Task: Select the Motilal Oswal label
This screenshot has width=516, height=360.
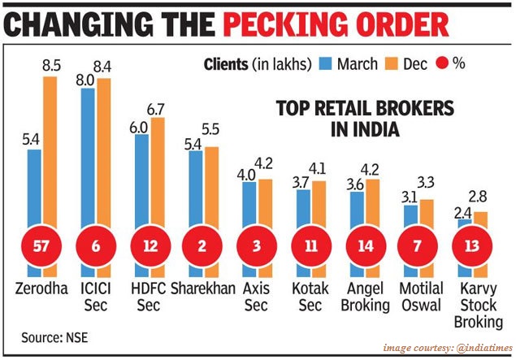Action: (423, 296)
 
